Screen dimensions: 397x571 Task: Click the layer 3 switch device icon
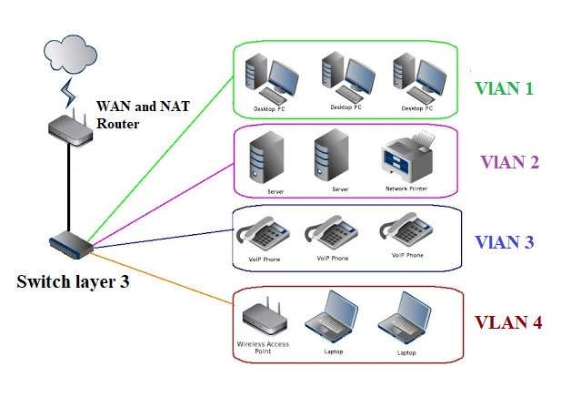(x=72, y=244)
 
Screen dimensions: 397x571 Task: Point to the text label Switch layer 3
(x=73, y=280)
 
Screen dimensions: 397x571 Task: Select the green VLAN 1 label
(x=503, y=88)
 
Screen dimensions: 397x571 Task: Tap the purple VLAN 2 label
(x=510, y=162)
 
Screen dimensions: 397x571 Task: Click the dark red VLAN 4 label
(x=509, y=322)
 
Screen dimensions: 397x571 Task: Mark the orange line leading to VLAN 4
(x=164, y=273)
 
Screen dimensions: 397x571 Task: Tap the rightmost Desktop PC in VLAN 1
(x=416, y=76)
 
